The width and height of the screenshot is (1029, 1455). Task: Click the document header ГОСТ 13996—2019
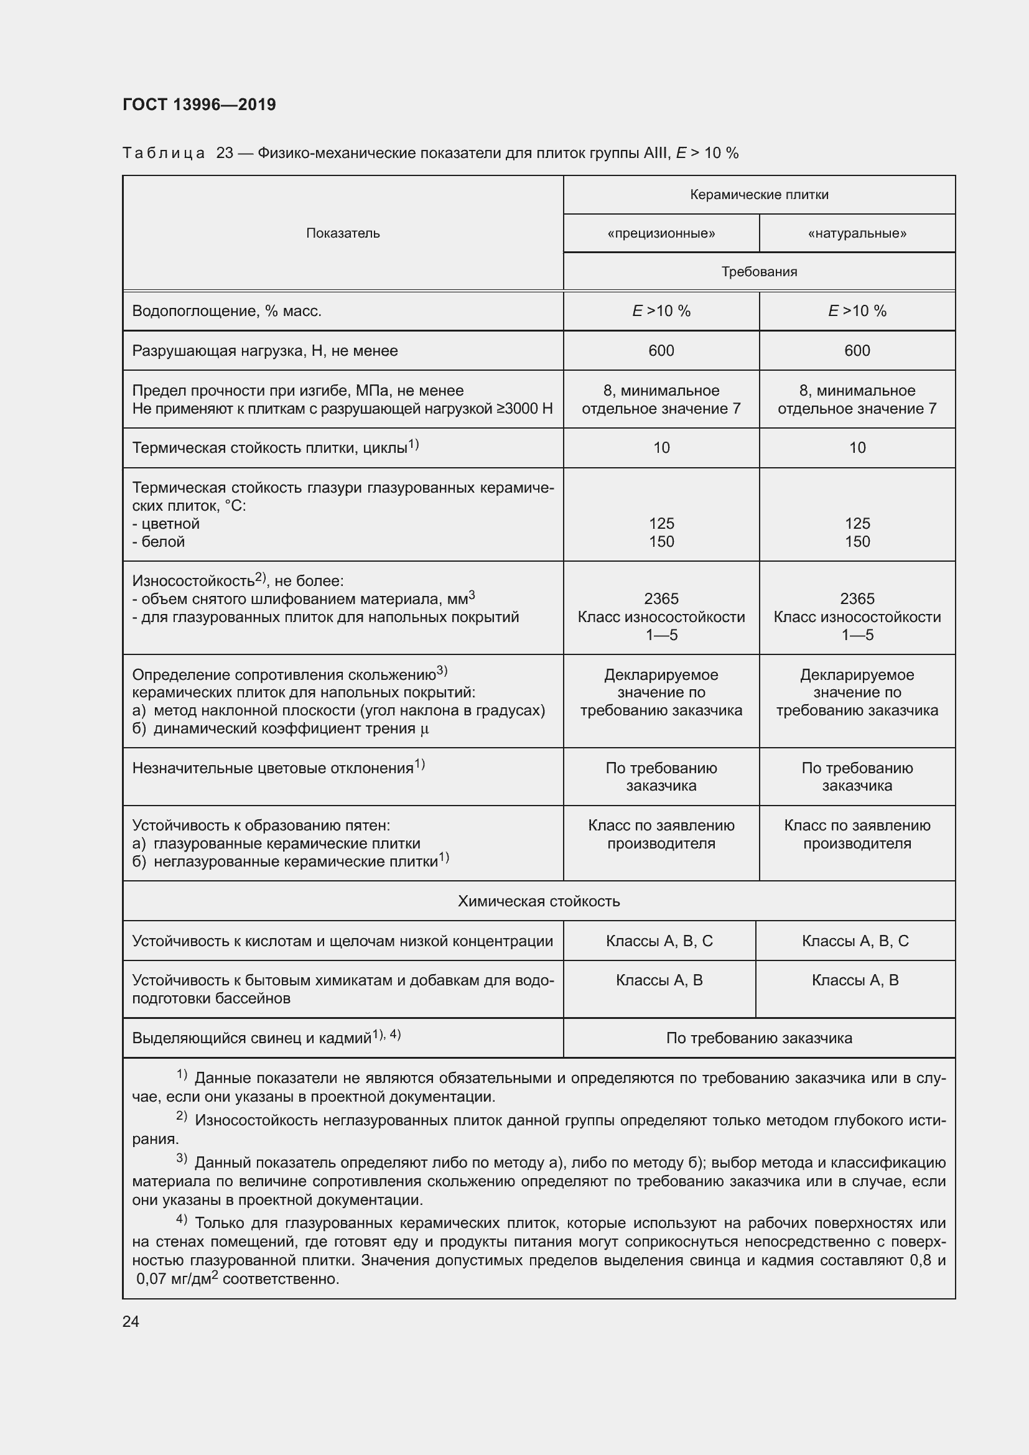tap(199, 105)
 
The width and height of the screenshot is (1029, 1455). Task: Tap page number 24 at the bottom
tap(131, 1321)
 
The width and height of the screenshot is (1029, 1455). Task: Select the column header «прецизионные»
tap(661, 233)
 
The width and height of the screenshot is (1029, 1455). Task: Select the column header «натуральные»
tap(857, 233)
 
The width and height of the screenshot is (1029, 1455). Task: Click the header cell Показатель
tap(343, 233)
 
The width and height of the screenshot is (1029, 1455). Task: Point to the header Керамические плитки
tap(759, 195)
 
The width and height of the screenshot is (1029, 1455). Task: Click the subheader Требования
tap(759, 272)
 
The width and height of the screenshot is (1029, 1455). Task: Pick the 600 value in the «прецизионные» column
tap(661, 350)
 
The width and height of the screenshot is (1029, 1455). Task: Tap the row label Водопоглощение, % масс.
tap(227, 311)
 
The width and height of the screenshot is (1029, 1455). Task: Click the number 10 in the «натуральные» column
tap(857, 448)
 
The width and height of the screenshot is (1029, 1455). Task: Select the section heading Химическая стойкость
tap(539, 901)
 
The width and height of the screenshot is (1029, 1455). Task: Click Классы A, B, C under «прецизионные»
tap(659, 941)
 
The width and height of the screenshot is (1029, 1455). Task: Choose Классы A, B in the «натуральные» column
tap(855, 980)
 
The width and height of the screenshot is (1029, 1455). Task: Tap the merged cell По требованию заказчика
tap(759, 1038)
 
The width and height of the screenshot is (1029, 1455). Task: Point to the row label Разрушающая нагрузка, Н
tap(265, 351)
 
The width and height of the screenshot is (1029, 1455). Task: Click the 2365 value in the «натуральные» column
tap(857, 599)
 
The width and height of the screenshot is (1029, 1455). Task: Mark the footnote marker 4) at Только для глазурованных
tap(182, 1220)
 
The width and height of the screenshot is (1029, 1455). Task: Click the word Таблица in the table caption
tap(164, 154)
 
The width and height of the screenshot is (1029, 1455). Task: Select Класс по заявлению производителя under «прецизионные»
tap(661, 835)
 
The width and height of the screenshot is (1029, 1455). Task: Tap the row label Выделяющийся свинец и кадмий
tap(251, 1038)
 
